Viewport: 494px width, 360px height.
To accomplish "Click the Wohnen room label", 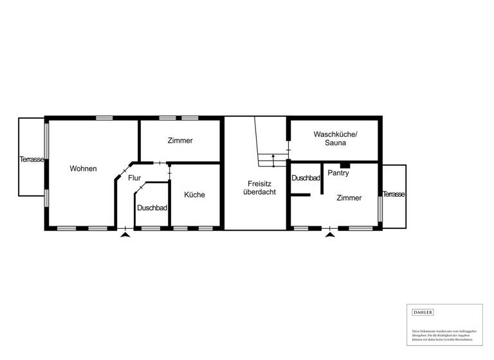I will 84,168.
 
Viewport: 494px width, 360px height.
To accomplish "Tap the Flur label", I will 134,177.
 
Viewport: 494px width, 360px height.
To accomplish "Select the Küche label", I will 194,195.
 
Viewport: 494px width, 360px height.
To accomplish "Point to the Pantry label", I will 338,173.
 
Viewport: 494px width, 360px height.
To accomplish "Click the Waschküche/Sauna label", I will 335,138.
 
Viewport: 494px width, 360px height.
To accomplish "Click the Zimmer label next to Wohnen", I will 180,140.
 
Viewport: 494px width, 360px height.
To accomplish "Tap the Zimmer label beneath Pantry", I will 349,198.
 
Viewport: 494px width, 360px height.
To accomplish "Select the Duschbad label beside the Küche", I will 152,208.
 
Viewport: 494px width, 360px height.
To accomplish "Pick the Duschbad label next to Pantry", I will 306,177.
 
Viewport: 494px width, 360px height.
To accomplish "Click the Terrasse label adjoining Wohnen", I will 31,159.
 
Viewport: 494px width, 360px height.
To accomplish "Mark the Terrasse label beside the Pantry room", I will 394,194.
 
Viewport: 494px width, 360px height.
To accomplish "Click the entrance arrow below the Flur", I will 125,235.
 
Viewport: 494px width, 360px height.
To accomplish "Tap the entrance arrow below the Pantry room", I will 330,235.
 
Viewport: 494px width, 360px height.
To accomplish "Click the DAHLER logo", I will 423,312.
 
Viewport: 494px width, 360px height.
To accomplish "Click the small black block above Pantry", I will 345,165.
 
